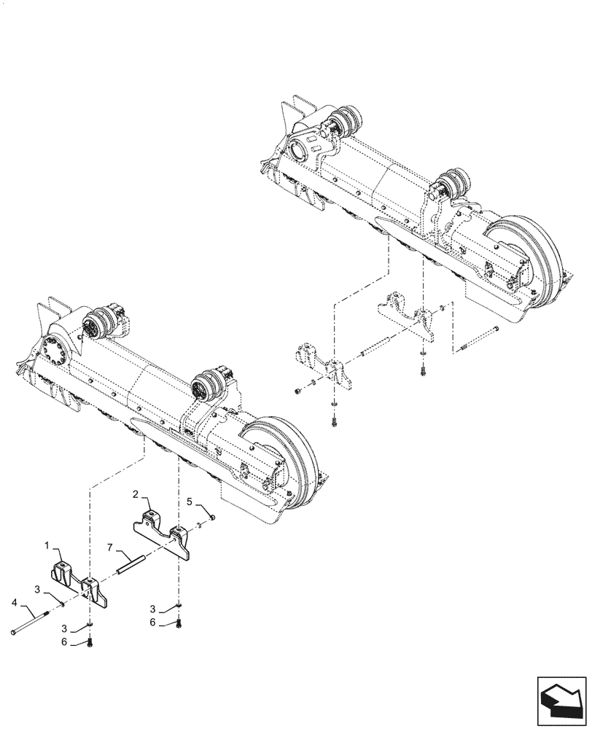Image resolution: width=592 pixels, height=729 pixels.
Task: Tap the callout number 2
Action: coord(136,494)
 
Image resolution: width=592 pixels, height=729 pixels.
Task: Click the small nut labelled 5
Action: coord(211,517)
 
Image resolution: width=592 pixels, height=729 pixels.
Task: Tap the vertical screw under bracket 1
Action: coord(90,642)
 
